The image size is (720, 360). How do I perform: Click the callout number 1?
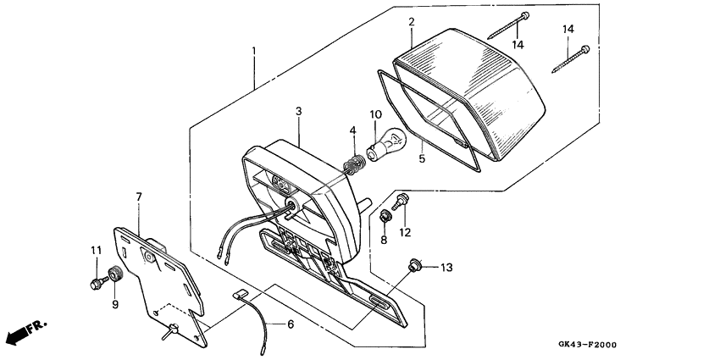point(253,53)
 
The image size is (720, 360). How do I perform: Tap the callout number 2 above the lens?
point(411,21)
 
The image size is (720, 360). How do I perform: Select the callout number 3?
point(298,111)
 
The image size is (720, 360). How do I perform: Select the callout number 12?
point(405,231)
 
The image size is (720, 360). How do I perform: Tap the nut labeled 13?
point(415,265)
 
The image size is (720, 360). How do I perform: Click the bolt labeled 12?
point(400,200)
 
